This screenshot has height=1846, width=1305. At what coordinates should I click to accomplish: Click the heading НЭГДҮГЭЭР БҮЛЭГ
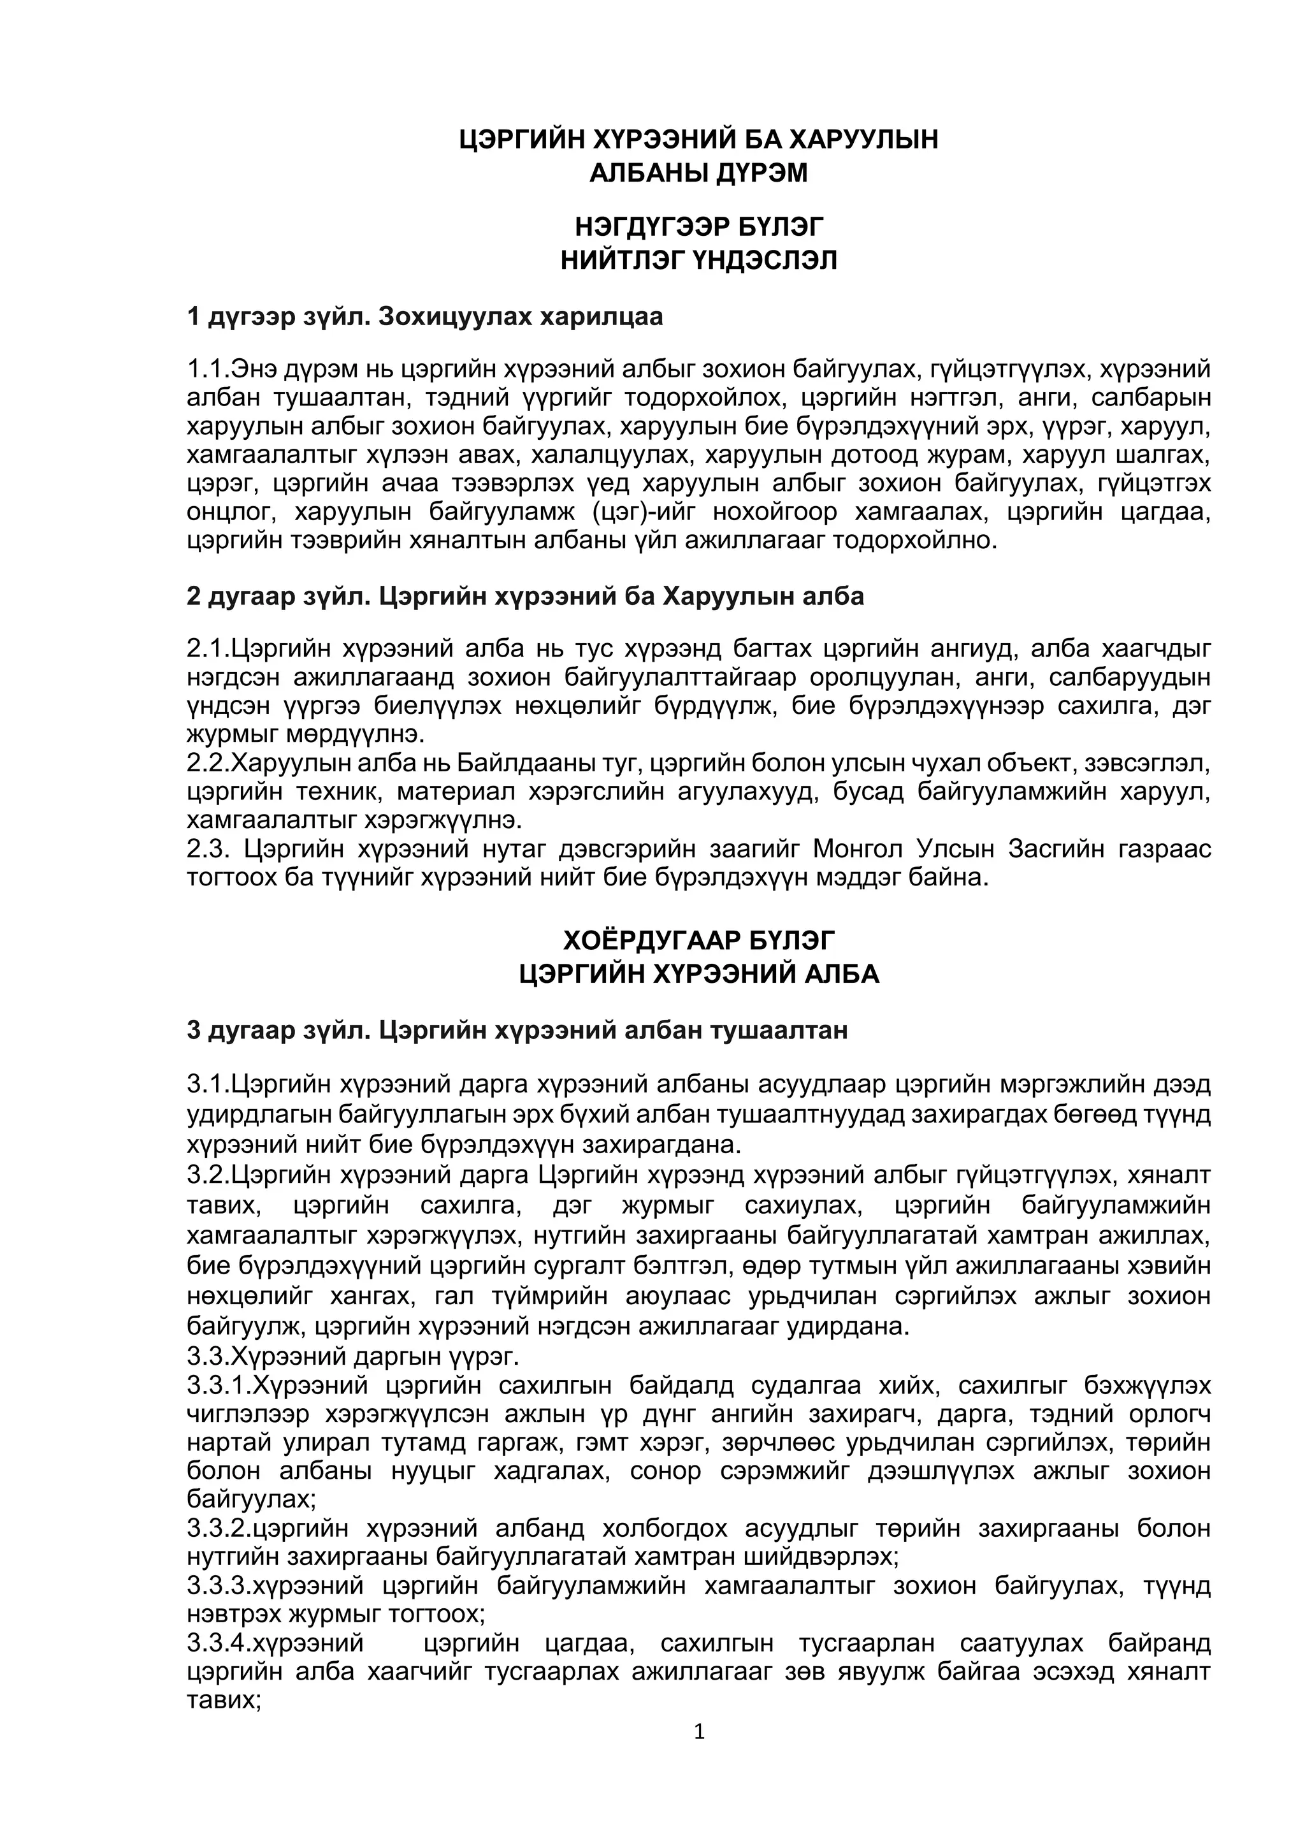(698, 228)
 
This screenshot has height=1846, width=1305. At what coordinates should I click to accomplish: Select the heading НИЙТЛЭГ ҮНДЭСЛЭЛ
(698, 261)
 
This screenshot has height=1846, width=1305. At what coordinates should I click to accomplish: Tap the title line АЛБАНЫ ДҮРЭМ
(698, 173)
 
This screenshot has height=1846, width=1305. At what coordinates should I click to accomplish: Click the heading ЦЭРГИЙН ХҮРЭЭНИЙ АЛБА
(698, 975)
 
